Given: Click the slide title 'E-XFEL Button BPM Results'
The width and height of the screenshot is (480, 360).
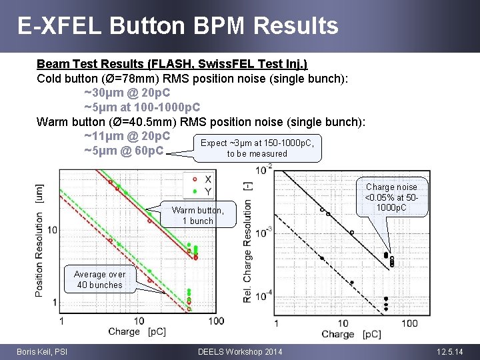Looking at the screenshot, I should coord(177,26).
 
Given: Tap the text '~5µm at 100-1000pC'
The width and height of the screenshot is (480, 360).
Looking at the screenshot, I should coord(142,107).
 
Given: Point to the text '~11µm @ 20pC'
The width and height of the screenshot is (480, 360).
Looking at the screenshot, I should coord(127,136).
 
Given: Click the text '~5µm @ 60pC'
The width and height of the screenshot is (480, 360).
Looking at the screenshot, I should coord(123,151).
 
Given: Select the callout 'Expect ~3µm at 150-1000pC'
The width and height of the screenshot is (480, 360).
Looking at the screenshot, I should coord(257,148).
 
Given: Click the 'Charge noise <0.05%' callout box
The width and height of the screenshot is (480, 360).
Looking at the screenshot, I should coord(391,197).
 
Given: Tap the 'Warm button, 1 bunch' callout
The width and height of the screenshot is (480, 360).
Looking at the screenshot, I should coord(198,215).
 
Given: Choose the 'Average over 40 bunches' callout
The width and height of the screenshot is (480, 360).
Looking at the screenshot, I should coord(99,279).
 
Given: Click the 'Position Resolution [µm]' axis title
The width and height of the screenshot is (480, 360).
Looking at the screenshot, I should coord(41,241).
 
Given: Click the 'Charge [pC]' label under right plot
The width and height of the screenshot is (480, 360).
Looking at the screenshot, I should coord(351,334).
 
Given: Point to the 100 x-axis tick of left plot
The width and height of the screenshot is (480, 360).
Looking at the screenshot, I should coord(215,321).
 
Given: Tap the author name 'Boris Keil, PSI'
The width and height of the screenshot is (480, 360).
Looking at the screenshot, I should coord(42,351).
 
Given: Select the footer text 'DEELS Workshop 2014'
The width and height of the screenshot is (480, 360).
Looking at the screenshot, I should coord(240,351).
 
